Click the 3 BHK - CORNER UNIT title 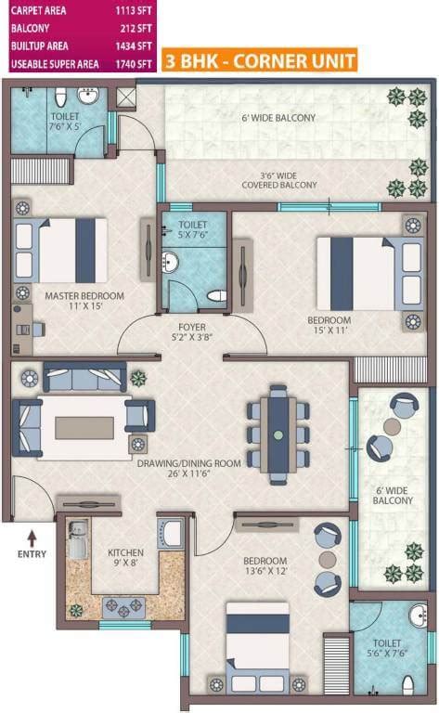coord(258,62)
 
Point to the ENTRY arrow coord(32,536)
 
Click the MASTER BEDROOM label coord(84,296)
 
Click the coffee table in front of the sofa coord(84,427)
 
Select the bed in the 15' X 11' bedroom coord(356,273)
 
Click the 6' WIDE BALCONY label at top coord(278,118)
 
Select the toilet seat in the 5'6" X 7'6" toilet coord(407,684)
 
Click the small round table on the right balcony coord(392,426)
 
